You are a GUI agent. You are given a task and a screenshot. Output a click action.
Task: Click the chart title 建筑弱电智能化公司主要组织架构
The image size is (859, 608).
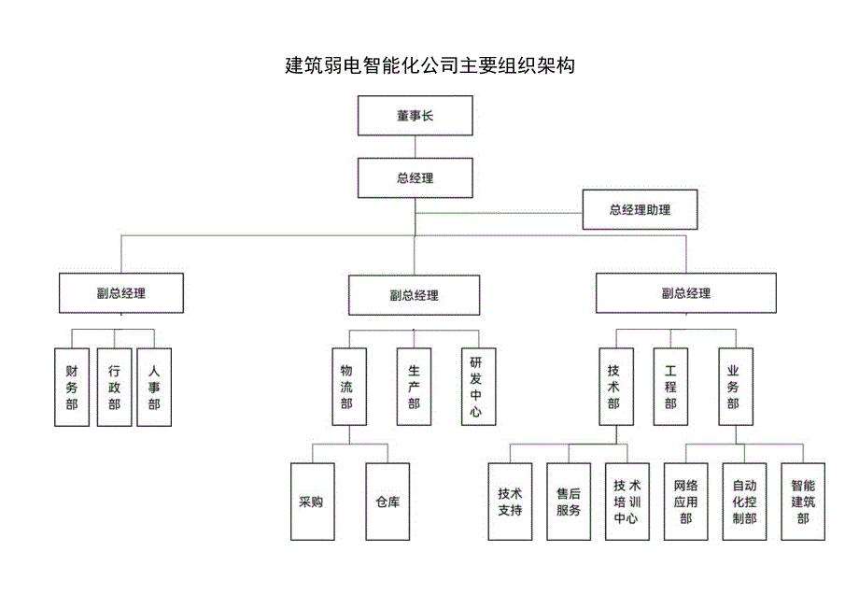tap(429, 66)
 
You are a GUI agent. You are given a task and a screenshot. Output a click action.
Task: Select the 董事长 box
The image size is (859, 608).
tap(415, 117)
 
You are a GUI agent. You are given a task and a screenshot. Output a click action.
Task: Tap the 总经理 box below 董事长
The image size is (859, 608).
tap(415, 177)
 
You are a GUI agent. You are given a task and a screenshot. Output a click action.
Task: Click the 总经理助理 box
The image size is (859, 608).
tap(640, 210)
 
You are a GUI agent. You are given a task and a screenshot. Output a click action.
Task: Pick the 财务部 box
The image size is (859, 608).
tap(72, 387)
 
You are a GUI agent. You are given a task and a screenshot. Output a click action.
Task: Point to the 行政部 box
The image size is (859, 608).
tap(114, 387)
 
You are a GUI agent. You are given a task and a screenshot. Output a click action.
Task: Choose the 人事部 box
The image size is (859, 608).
tap(154, 387)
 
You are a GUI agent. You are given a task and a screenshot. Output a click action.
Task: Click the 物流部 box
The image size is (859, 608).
tap(347, 387)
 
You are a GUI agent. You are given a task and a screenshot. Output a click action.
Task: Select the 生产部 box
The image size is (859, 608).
tap(414, 387)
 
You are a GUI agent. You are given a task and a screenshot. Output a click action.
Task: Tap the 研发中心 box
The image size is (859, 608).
tap(476, 387)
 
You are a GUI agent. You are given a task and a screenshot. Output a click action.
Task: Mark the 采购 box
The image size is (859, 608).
tap(311, 502)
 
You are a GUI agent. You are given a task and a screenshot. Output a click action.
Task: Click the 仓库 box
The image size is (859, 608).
tap(387, 502)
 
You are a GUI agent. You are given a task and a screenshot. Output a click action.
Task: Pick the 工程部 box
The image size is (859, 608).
tap(670, 387)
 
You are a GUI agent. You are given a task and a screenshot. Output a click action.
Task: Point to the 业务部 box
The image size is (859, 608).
tap(734, 387)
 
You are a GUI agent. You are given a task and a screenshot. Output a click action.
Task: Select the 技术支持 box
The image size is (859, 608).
tap(510, 502)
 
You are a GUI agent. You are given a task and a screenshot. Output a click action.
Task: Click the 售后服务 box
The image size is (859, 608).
tap(569, 502)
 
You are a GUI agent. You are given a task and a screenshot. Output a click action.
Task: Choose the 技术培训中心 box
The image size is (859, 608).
tap(627, 502)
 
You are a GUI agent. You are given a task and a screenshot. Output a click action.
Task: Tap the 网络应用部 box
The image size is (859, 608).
tap(686, 502)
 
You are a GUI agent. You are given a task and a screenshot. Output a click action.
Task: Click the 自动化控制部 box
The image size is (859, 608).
tap(744, 502)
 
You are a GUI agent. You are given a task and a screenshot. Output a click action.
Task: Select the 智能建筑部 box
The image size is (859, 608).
tap(803, 502)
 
